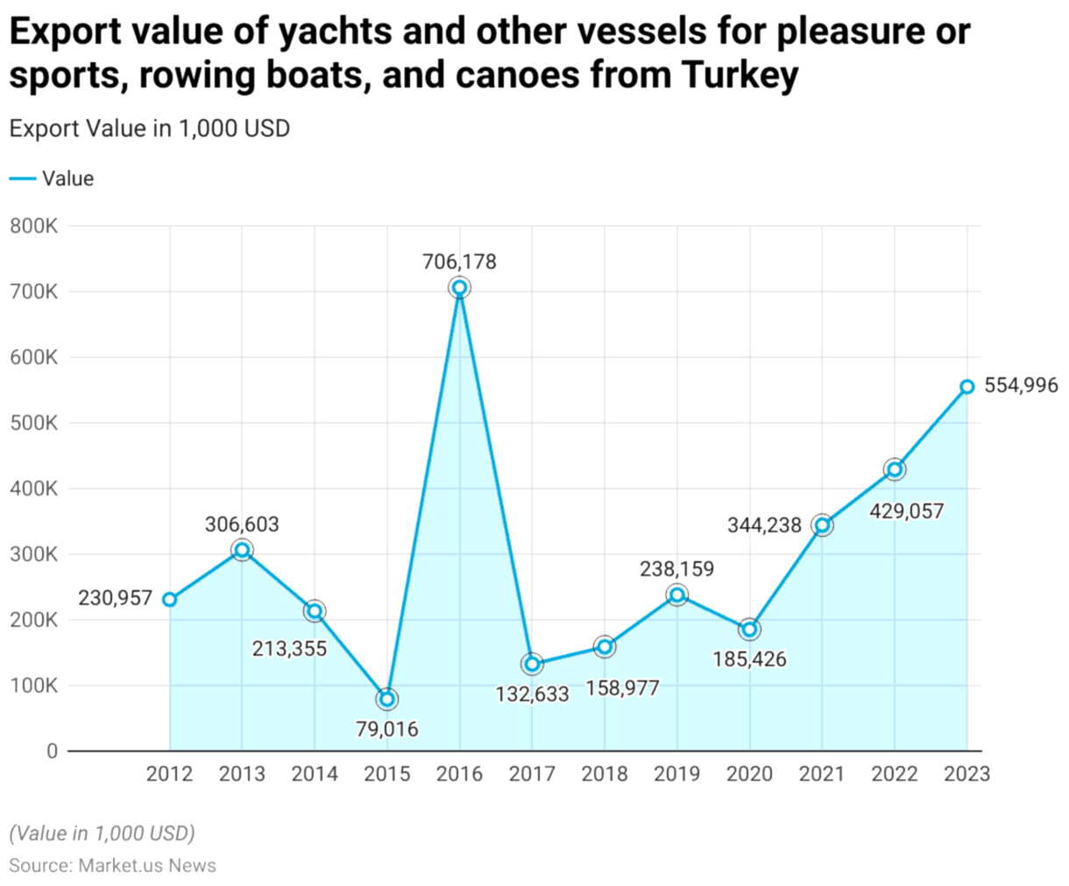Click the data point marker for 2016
click(x=459, y=287)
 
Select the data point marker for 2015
click(x=387, y=699)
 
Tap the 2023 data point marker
click(x=966, y=387)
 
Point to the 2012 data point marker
click(x=170, y=600)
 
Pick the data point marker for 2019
click(x=676, y=595)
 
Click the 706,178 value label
click(x=459, y=262)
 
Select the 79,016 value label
click(x=387, y=728)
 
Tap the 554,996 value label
click(x=1021, y=385)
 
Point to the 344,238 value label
click(x=764, y=525)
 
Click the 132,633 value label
click(x=532, y=694)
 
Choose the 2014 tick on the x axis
click(x=315, y=774)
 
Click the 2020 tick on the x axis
click(x=749, y=774)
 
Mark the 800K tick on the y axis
click(x=34, y=227)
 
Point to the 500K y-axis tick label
click(x=34, y=423)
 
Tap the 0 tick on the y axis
click(x=52, y=751)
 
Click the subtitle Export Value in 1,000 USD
click(x=150, y=129)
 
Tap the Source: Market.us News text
click(x=112, y=865)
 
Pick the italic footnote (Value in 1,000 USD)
click(x=102, y=833)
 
